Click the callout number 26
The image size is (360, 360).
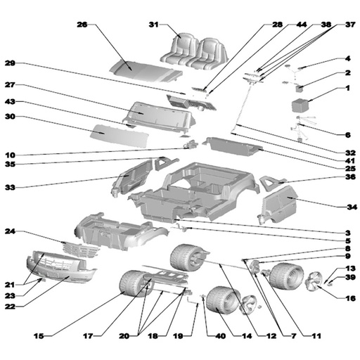[82, 25]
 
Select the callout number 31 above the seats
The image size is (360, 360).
[154, 25]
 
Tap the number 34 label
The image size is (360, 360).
[352, 207]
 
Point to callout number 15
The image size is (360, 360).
[39, 336]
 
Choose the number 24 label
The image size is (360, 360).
[10, 231]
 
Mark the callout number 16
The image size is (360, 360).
[351, 298]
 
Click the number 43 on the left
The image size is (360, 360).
[10, 101]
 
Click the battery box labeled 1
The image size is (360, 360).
[301, 105]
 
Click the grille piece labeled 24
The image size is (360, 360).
[81, 250]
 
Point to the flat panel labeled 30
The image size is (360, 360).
[120, 136]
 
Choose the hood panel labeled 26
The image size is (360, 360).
[146, 71]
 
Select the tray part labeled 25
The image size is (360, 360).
[233, 146]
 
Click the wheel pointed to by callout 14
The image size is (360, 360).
[223, 300]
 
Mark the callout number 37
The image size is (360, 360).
[351, 25]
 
